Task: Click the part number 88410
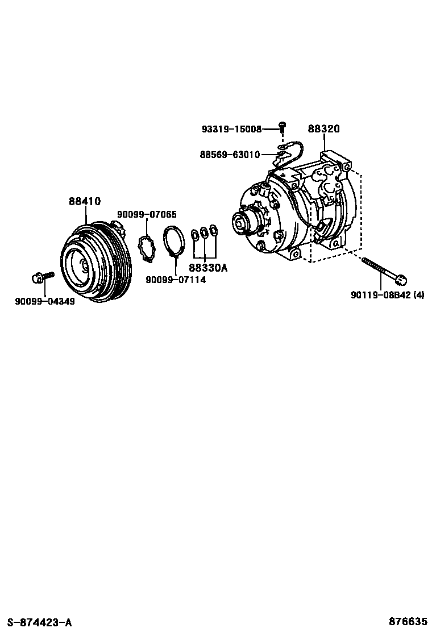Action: [85, 201]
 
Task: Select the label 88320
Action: [324, 129]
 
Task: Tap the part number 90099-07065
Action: [147, 214]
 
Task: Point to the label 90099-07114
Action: [176, 280]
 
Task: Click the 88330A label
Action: [207, 268]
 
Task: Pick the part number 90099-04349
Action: [44, 301]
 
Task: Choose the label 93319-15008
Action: [231, 129]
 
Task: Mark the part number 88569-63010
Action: [230, 154]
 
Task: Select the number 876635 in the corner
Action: [408, 622]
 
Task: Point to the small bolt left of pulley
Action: [41, 277]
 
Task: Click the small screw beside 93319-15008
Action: [281, 126]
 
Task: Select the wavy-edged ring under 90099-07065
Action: [147, 249]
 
